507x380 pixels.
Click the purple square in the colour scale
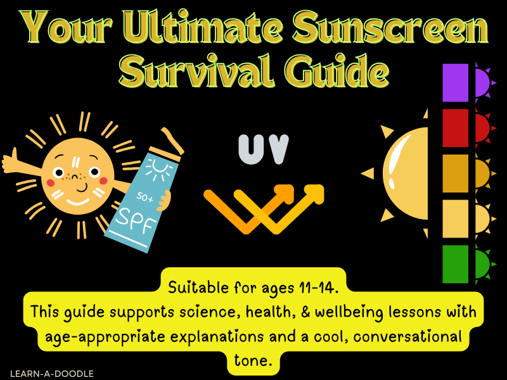455,82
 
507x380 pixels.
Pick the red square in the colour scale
455,128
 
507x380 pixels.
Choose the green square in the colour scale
455,264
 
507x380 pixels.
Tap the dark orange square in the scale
455,173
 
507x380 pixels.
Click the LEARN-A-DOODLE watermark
52,374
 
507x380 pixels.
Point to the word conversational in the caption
401,336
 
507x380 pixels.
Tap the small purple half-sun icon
483,83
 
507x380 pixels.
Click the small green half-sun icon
482,264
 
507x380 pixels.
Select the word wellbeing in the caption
363,312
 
